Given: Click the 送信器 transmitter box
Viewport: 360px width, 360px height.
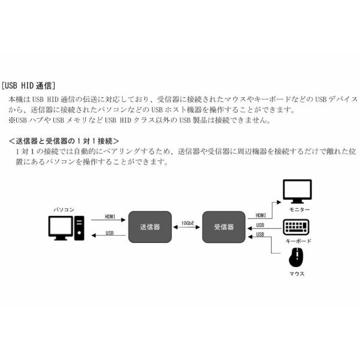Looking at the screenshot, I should click(149, 227).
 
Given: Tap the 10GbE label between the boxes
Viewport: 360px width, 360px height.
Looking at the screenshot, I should click(187, 223).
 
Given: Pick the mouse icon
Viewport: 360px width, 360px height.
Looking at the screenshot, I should click(296, 259).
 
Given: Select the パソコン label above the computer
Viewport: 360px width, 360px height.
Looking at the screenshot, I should click(64, 209).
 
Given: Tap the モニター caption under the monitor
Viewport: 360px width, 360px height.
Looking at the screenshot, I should click(298, 209).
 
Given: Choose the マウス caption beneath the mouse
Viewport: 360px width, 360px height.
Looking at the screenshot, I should click(296, 273).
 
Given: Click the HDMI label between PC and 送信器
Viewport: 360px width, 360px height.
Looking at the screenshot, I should click(110, 216).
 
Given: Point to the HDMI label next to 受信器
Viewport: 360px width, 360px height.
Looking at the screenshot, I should click(260, 215).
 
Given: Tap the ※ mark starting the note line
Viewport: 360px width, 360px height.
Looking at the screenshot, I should click(11, 120).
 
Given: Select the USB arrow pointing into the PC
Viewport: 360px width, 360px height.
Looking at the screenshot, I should click(109, 236).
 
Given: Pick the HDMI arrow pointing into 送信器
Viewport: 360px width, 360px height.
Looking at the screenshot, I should click(109, 220).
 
